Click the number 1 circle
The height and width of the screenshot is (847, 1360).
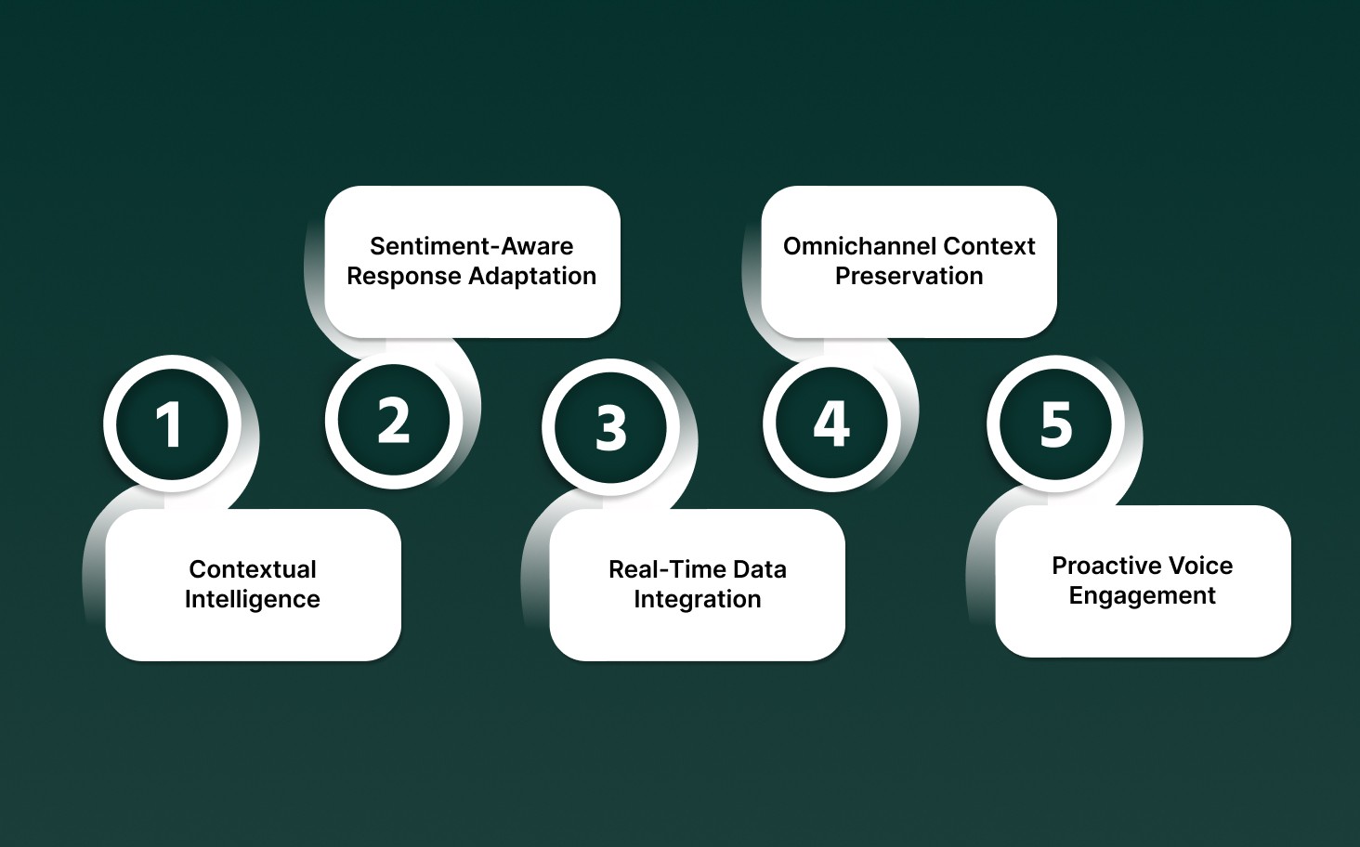(168, 424)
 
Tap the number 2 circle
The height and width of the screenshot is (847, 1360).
(394, 421)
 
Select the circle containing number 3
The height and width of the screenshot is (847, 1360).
(610, 427)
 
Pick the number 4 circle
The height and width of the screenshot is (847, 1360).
(831, 423)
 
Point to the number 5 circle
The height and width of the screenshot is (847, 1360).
(1055, 424)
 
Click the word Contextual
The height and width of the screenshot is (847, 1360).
(253, 569)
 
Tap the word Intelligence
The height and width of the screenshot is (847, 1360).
(252, 599)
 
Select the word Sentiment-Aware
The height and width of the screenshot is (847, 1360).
(471, 246)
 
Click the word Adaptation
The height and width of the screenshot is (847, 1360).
(532, 276)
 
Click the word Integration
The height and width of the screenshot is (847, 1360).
(697, 599)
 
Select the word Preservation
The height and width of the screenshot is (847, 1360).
(909, 276)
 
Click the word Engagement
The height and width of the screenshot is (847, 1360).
(1142, 595)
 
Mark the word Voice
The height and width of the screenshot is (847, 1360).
(1199, 566)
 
